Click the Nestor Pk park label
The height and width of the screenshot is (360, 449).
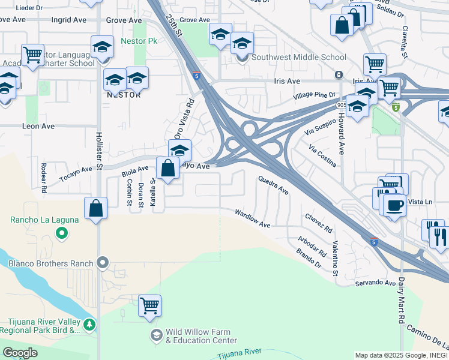(x=139, y=41)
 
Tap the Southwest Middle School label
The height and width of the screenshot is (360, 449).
(x=298, y=58)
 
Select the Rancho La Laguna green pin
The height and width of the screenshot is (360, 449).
(x=61, y=234)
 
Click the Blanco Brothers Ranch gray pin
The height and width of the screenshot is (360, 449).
(x=103, y=263)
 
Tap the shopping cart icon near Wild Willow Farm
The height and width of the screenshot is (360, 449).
(x=149, y=305)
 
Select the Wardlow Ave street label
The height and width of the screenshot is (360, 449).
(x=253, y=218)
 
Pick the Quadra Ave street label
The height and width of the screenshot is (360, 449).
(x=273, y=184)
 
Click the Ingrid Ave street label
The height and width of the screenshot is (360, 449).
(x=69, y=20)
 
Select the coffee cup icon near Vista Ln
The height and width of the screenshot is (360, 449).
(x=394, y=205)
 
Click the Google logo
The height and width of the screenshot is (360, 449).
(x=20, y=353)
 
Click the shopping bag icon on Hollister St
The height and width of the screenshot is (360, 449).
(x=96, y=208)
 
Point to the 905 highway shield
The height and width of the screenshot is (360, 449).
(x=341, y=104)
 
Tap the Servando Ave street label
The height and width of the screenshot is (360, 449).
(x=375, y=283)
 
